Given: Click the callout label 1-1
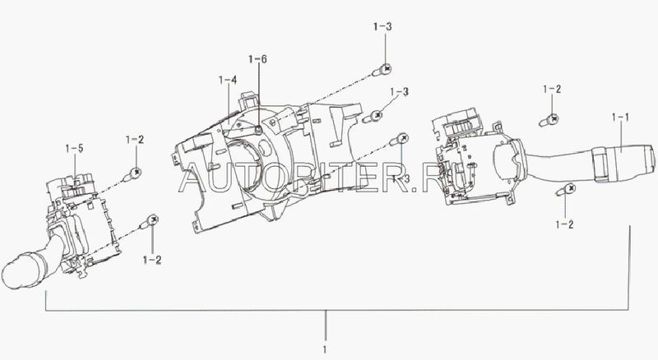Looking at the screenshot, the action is (x=620, y=118).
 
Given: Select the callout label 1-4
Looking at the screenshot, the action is (x=228, y=80).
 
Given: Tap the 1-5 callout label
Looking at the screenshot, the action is (x=74, y=148).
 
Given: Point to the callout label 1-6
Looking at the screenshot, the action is (x=257, y=59).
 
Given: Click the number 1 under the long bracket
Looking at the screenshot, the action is (x=325, y=349).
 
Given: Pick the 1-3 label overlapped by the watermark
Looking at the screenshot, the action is (x=401, y=178).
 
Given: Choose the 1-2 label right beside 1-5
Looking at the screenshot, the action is (x=135, y=140).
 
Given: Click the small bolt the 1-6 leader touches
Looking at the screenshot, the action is (x=258, y=130).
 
